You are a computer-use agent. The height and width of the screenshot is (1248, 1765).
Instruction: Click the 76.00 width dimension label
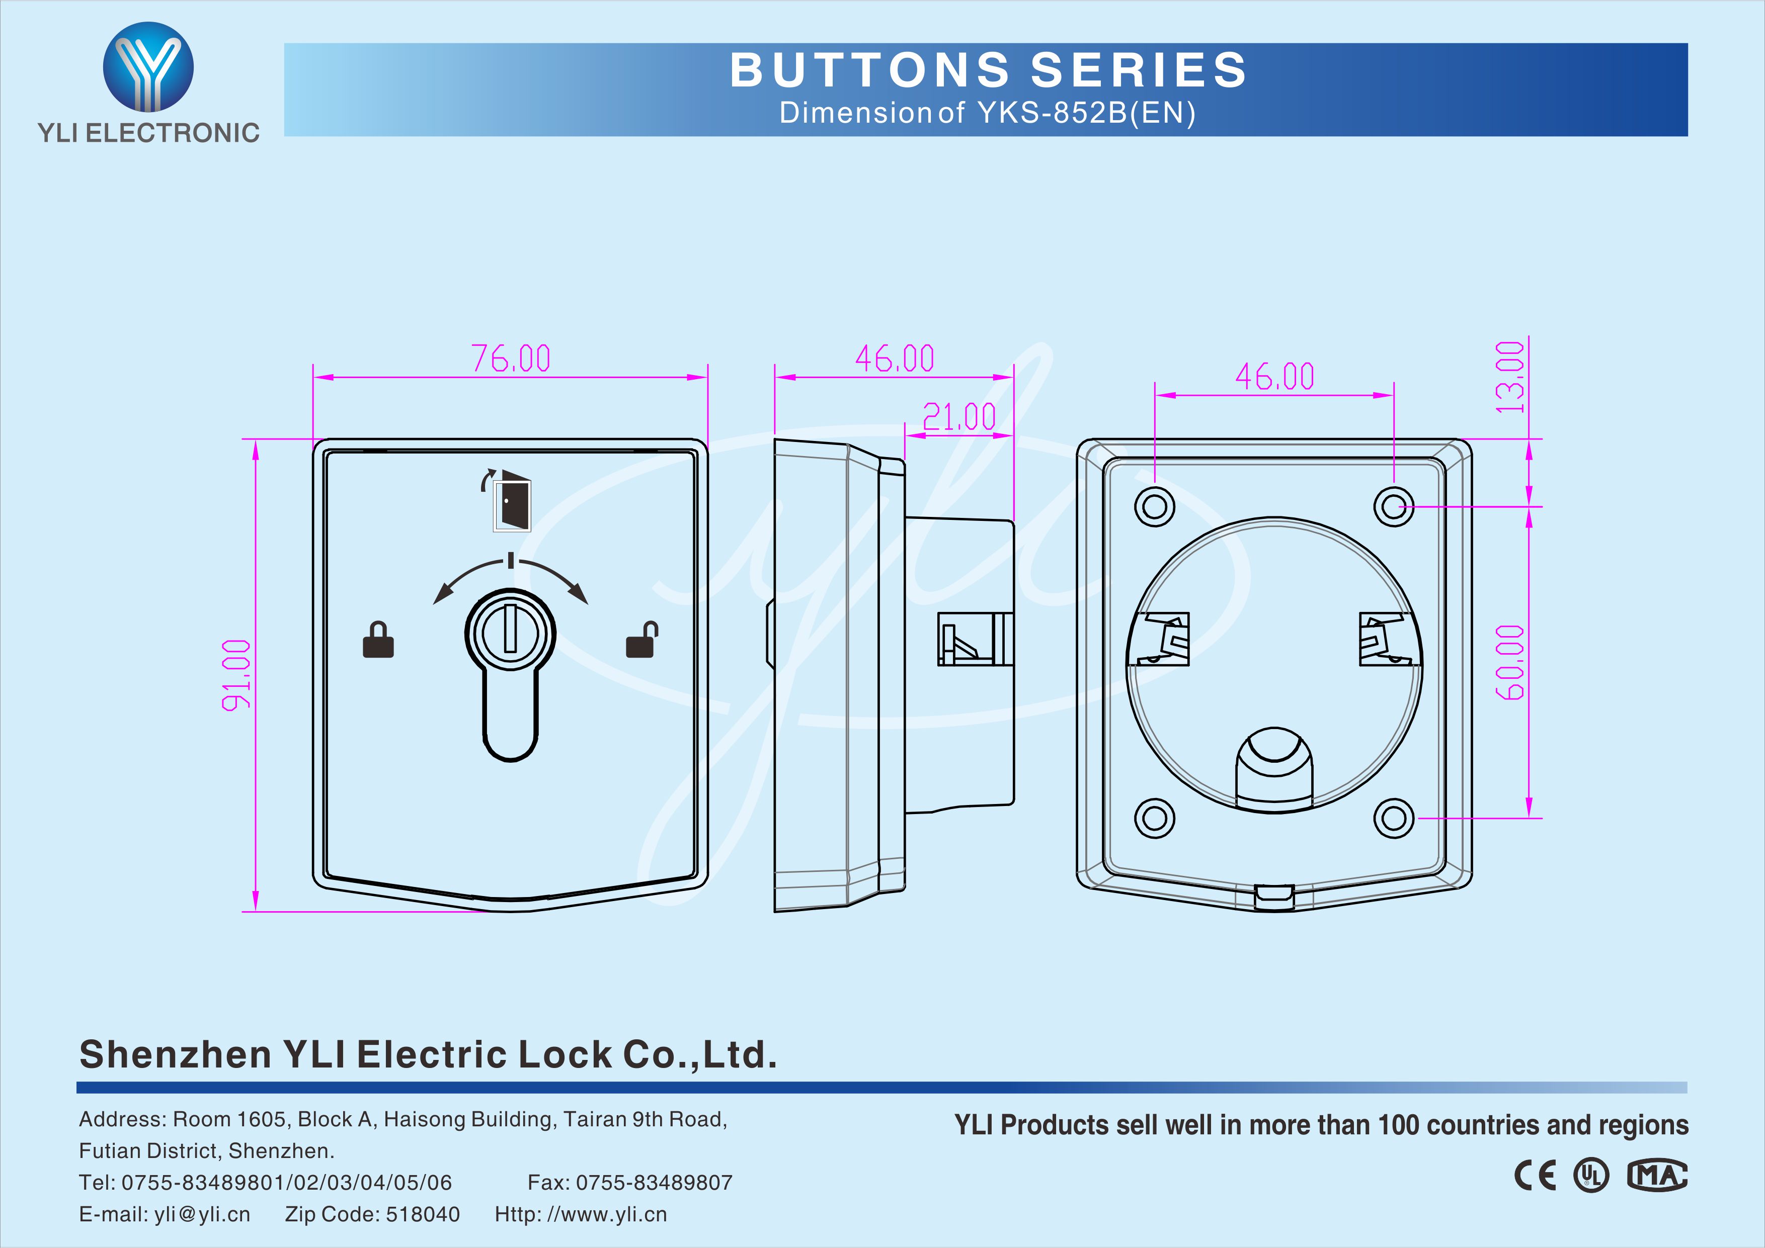pyautogui.click(x=511, y=358)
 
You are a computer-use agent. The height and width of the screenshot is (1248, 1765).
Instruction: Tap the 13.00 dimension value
pyautogui.click(x=1510, y=377)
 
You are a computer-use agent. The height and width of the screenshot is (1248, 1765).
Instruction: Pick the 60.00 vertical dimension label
pyautogui.click(x=1510, y=662)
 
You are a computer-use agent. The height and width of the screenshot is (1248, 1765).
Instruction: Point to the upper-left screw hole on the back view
pyautogui.click(x=1155, y=506)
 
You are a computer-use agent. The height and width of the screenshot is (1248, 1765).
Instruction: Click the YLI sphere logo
pyautogui.click(x=148, y=67)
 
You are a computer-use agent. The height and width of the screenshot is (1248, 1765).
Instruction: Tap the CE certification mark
pyautogui.click(x=1535, y=1176)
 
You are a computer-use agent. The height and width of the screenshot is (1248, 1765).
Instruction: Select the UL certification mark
pyautogui.click(x=1590, y=1176)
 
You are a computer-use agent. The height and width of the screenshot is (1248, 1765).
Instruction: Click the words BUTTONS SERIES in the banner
pyautogui.click(x=988, y=70)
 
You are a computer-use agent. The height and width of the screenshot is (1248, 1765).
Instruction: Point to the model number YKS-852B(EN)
pyautogui.click(x=1087, y=113)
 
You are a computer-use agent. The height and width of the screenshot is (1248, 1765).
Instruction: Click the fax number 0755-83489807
pyautogui.click(x=654, y=1183)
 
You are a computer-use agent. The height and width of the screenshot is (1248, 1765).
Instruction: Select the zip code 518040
pyautogui.click(x=423, y=1214)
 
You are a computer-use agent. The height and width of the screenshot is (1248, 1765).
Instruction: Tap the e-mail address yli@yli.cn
pyautogui.click(x=202, y=1214)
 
